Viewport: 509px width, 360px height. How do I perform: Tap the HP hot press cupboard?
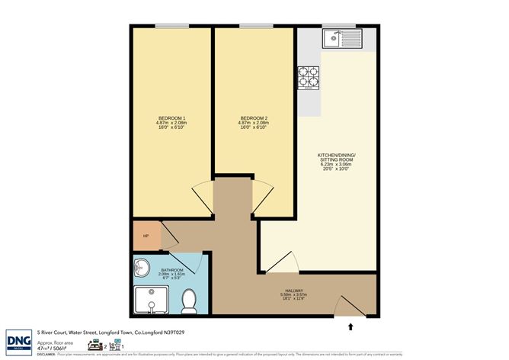tap(146, 236)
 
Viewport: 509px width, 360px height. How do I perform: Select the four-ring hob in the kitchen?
tap(309, 76)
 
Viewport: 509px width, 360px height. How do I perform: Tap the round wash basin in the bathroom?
tap(142, 267)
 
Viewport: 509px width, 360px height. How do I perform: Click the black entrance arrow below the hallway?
tap(351, 327)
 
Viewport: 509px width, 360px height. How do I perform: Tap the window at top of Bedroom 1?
tap(171, 27)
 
